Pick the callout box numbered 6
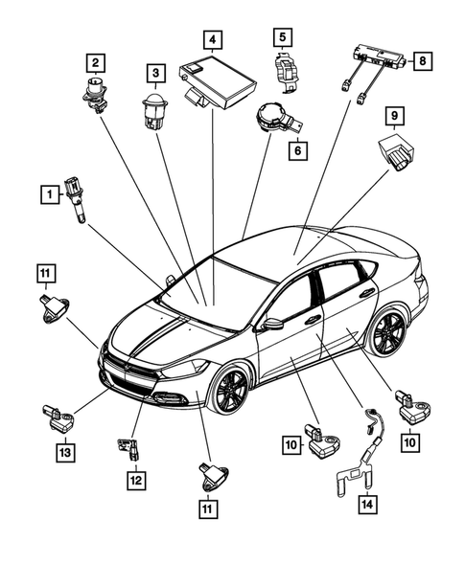(x=296, y=151)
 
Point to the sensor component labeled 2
(x=95, y=96)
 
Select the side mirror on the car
(x=273, y=324)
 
